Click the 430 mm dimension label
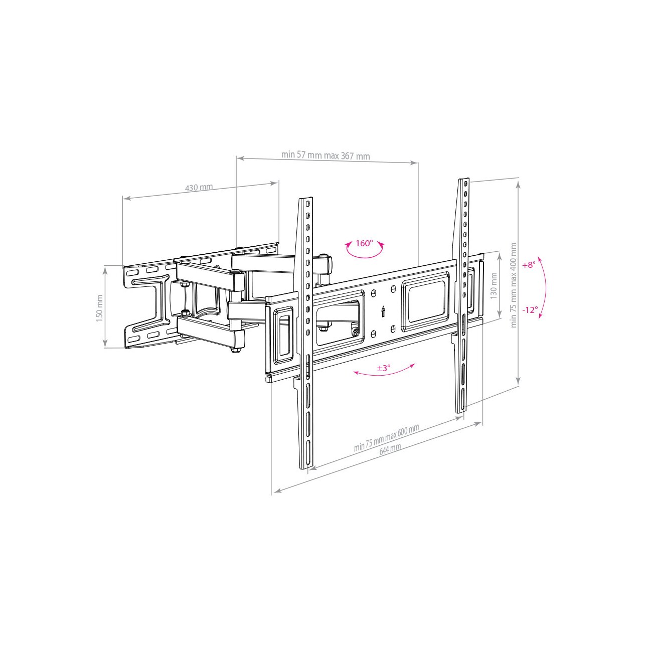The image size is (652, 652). (199, 187)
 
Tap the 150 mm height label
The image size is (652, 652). (99, 308)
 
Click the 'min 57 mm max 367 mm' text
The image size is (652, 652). (325, 155)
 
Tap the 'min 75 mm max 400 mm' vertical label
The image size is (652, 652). (514, 285)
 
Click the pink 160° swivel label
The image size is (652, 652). (364, 243)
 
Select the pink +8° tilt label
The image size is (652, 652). (529, 265)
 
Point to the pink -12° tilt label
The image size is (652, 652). (530, 310)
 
